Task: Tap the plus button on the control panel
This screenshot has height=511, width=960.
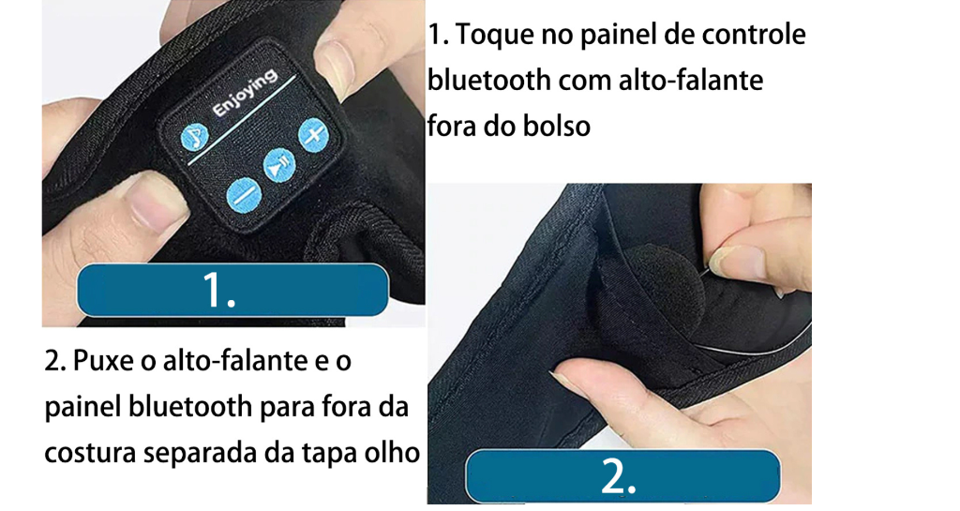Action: (313, 135)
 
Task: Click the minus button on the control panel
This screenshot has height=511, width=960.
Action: (244, 197)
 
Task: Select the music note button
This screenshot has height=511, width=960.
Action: (195, 137)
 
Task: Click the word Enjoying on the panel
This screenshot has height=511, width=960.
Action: (245, 93)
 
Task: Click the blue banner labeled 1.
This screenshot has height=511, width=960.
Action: (232, 290)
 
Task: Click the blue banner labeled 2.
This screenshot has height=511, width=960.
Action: (622, 476)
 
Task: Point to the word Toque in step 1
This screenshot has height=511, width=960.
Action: (496, 36)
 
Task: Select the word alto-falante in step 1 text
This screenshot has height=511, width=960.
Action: (691, 81)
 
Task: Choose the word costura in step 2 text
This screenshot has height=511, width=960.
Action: (90, 454)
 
